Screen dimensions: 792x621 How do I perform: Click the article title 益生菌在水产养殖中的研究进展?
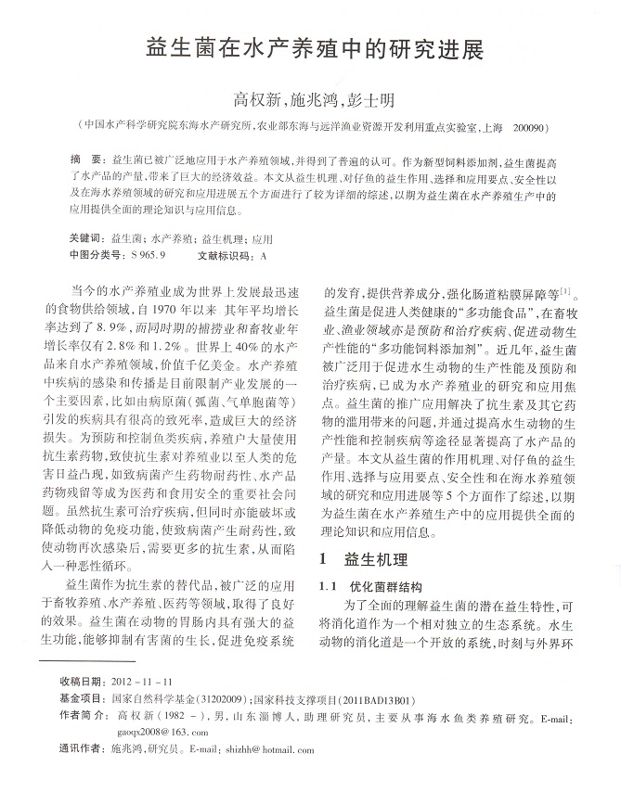[311, 47]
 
